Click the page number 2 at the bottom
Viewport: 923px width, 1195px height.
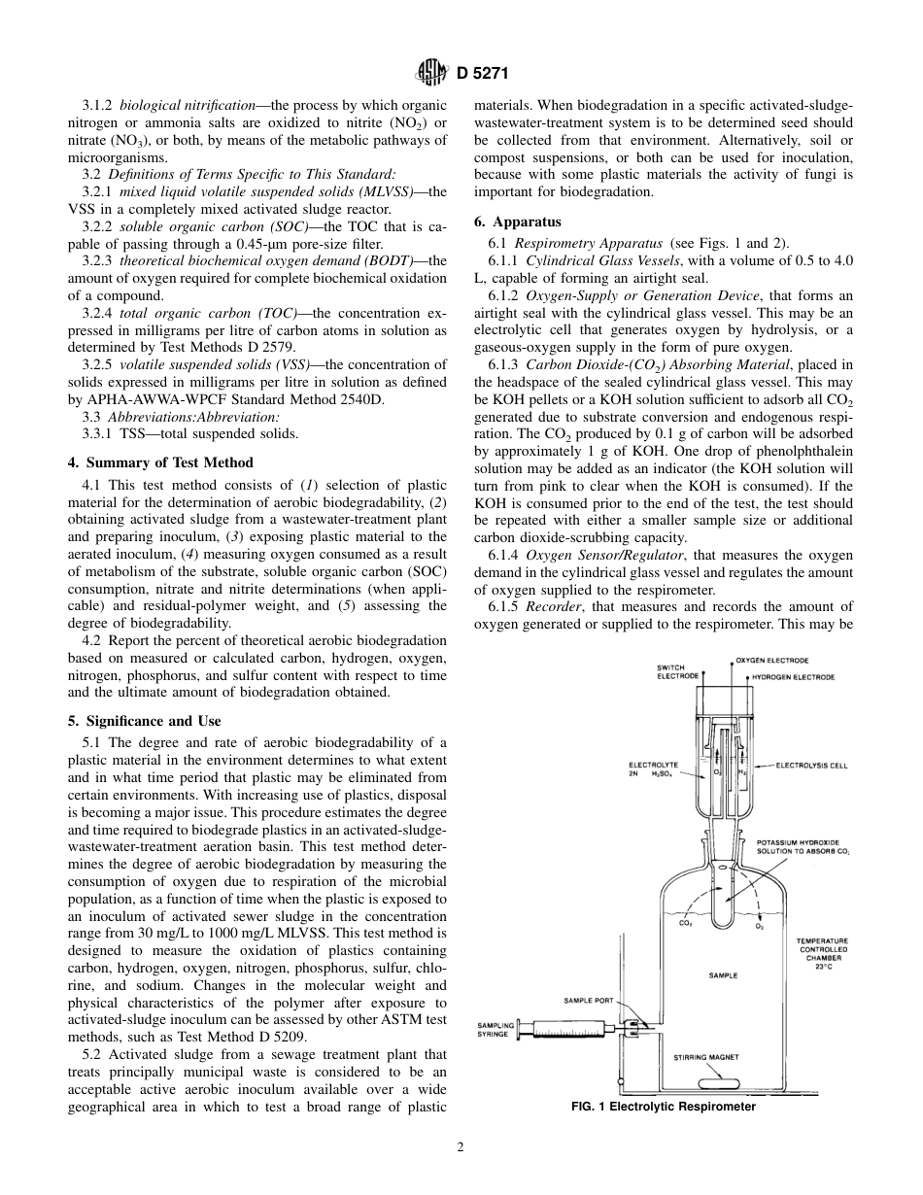[461, 1146]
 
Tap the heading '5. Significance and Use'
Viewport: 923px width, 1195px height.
[144, 721]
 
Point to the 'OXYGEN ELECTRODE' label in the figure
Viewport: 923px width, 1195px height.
[771, 661]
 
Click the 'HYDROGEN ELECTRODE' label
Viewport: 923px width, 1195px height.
[791, 675]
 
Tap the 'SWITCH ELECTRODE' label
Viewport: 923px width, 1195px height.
[677, 671]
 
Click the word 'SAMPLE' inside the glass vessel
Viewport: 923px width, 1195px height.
[722, 974]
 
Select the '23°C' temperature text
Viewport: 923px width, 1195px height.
[823, 967]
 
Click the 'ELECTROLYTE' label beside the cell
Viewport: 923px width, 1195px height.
[653, 766]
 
